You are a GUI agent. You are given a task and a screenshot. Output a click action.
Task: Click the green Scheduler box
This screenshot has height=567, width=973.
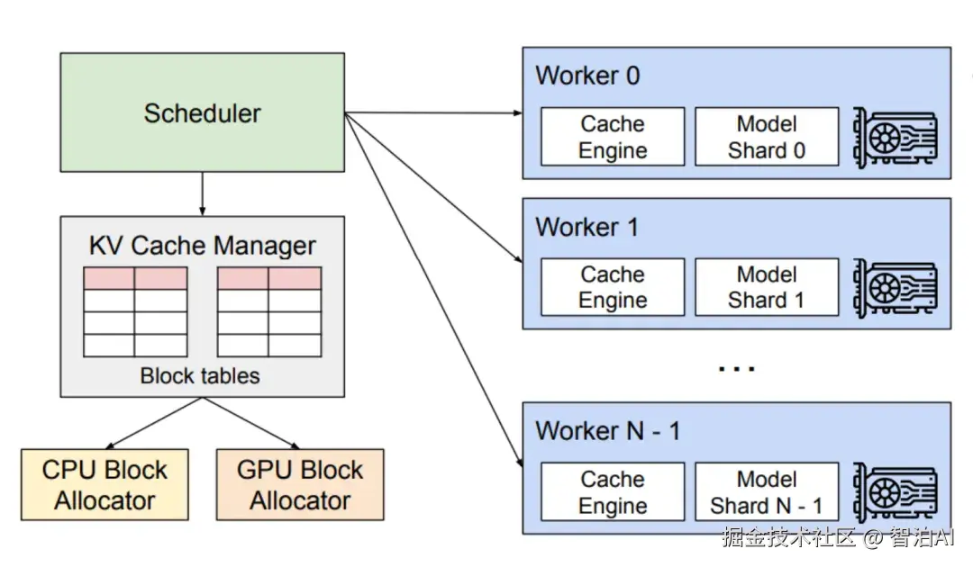(x=202, y=112)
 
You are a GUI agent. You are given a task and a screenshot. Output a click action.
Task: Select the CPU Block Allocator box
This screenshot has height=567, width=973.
(x=105, y=485)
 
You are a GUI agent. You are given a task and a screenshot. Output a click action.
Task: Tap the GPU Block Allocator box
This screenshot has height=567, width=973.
(x=300, y=485)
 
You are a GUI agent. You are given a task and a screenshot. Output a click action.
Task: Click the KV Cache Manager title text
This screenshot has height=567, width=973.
(x=202, y=246)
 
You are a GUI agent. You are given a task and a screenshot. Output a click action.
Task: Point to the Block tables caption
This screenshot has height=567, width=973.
(x=200, y=375)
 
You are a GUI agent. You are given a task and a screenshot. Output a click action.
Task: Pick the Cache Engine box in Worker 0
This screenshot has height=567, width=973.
(x=613, y=137)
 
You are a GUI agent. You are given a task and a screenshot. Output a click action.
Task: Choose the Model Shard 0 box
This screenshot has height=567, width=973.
(x=767, y=137)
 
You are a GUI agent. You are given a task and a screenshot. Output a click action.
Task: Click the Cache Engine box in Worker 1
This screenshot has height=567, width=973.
(x=613, y=287)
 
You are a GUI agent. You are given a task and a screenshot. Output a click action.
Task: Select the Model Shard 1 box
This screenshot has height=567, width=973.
(x=767, y=287)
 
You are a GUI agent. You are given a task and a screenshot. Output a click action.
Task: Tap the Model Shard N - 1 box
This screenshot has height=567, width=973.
(x=767, y=492)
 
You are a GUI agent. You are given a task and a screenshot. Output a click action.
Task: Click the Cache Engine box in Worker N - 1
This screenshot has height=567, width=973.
(x=613, y=492)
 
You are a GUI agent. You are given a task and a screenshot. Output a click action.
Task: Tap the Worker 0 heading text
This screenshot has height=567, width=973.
(x=587, y=76)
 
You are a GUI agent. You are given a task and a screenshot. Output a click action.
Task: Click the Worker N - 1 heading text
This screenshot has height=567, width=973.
(x=607, y=431)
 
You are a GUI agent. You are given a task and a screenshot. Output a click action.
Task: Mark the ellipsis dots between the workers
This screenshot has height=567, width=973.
(x=736, y=368)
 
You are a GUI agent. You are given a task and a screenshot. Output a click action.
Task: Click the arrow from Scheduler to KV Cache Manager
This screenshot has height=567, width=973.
(x=202, y=193)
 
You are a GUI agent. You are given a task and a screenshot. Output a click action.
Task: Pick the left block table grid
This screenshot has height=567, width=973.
(x=135, y=311)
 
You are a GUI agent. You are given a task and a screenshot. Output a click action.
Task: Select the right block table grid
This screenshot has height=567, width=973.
(x=269, y=311)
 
